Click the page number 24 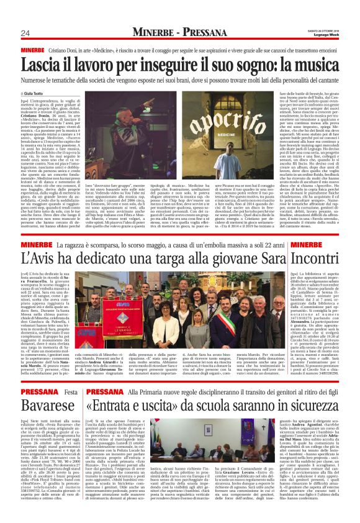[x=26, y=32]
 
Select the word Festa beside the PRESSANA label [x=71, y=375]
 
